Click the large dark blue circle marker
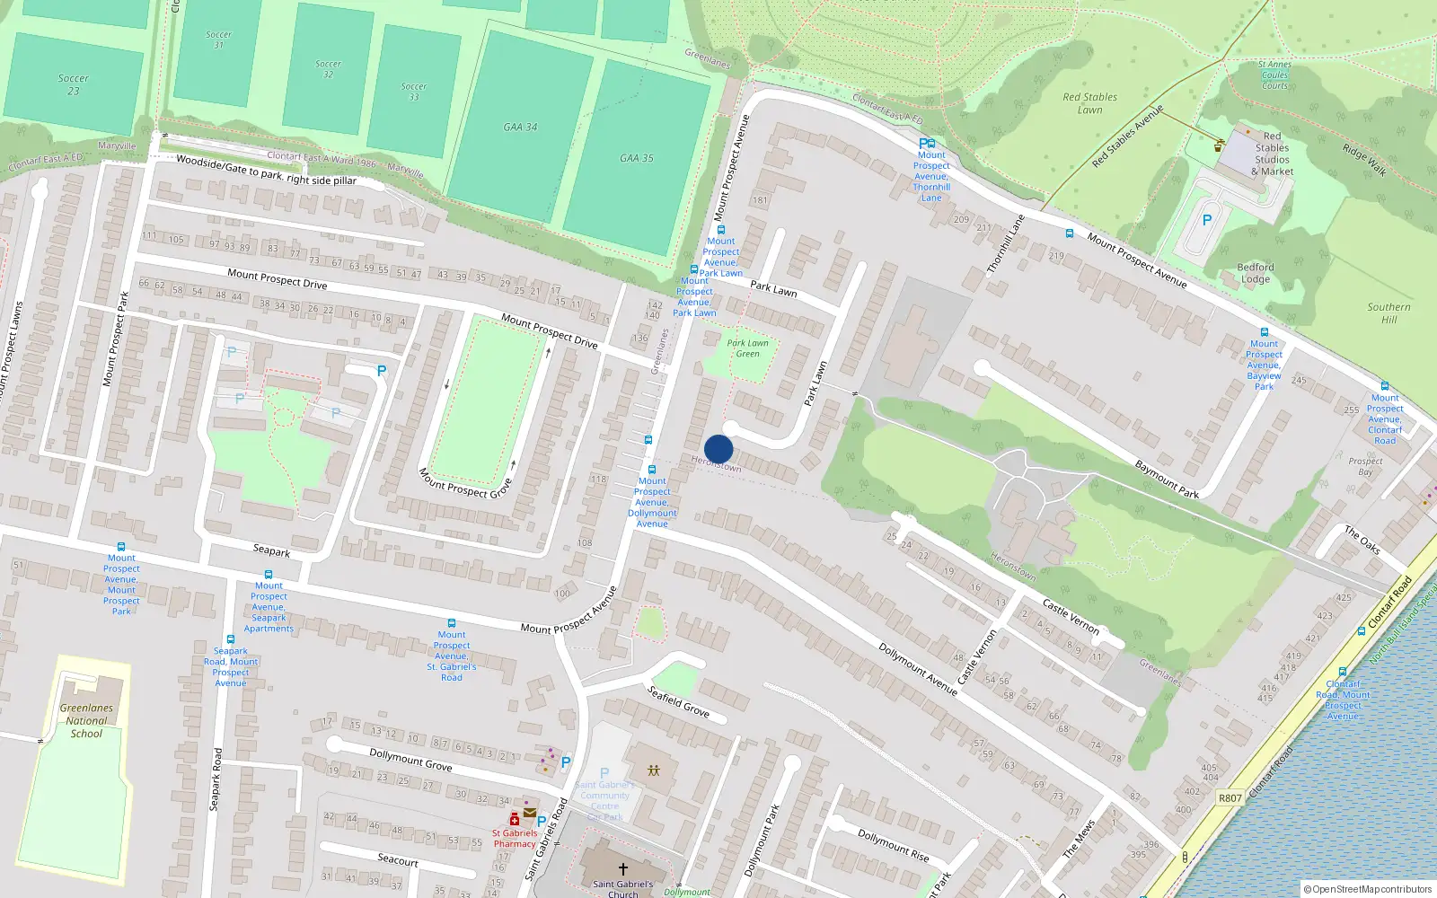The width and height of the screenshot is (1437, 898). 718,449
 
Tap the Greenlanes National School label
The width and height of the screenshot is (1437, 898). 86,720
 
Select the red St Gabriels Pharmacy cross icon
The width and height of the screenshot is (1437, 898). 515,819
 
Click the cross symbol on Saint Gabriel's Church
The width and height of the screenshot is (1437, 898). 622,868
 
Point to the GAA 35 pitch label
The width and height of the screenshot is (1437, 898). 636,158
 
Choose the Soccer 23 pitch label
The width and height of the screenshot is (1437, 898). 73,84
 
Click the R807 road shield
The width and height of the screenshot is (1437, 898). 1230,797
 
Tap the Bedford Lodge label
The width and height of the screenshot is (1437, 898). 1255,273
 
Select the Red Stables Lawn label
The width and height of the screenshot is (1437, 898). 1089,103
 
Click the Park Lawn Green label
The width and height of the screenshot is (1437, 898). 747,348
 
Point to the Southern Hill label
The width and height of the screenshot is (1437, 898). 1389,313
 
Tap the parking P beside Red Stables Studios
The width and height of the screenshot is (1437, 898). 1207,220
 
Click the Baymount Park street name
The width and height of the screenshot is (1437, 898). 1167,480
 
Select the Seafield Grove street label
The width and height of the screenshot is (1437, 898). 678,700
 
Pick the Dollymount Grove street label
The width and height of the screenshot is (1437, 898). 410,760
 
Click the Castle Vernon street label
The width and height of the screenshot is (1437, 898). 1071,618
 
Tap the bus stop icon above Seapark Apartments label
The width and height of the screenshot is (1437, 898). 268,574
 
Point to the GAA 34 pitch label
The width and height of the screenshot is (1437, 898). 520,128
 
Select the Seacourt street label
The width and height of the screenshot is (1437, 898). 397,859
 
